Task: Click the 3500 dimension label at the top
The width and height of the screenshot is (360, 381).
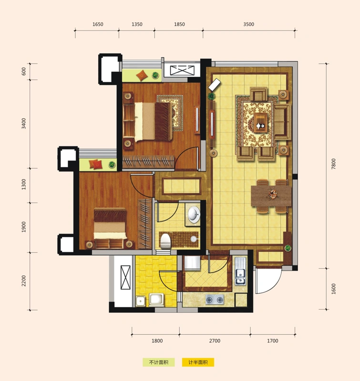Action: [x=248, y=24]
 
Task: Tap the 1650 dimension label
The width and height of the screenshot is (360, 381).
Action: [x=98, y=24]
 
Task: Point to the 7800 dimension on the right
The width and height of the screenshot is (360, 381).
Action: [x=333, y=164]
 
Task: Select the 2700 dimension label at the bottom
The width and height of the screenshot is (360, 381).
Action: [x=215, y=341]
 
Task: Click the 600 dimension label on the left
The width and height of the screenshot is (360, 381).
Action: [x=23, y=71]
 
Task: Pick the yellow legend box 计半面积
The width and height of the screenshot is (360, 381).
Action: [x=198, y=362]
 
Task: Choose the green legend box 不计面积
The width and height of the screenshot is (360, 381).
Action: [x=159, y=362]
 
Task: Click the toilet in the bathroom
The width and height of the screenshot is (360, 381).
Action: [x=165, y=241]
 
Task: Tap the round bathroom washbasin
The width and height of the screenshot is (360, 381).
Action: [x=194, y=215]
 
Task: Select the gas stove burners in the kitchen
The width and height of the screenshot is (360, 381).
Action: [x=215, y=300]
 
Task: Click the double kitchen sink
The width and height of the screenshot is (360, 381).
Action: [x=240, y=271]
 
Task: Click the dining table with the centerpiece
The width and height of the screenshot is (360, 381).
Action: [x=271, y=196]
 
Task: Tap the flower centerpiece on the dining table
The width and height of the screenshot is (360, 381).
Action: [x=271, y=194]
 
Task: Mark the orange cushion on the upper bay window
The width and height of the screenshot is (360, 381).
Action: [x=142, y=75]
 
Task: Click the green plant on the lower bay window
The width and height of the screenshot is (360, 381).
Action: [x=112, y=164]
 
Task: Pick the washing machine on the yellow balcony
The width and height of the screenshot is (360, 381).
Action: [x=156, y=300]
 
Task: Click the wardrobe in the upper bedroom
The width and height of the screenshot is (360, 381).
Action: [x=148, y=161]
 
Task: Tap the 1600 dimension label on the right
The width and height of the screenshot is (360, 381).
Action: [x=333, y=289]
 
